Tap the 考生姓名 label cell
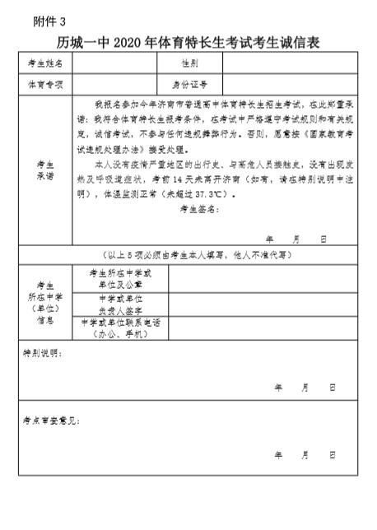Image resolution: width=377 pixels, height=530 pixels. click(x=44, y=63)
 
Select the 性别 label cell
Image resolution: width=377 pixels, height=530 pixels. click(x=188, y=63)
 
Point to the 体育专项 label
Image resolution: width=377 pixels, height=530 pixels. click(x=44, y=85)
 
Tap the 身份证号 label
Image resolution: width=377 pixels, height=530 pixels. click(x=188, y=85)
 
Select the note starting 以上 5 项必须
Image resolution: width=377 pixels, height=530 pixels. click(x=188, y=256)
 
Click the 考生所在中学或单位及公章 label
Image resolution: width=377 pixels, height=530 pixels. click(x=120, y=278)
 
